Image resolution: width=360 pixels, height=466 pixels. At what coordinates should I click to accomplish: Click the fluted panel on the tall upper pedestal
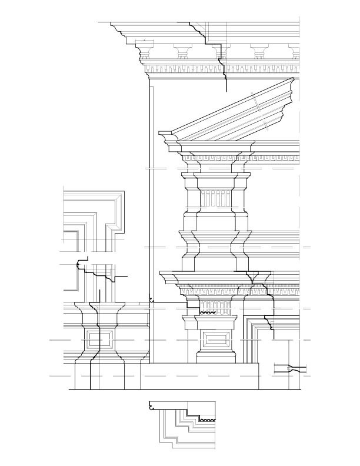214,199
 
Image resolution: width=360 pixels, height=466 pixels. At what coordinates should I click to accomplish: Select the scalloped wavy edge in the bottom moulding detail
206,420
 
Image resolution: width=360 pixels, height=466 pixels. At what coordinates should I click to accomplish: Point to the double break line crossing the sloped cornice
260,110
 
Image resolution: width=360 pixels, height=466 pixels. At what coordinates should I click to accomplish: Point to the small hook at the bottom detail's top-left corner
152,405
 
